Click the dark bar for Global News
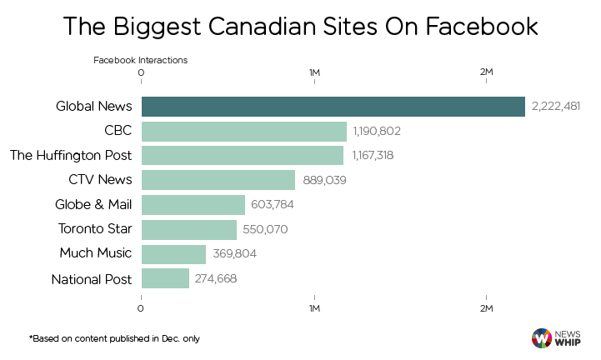pyautogui.click(x=333, y=107)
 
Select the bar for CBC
pyautogui.click(x=243, y=132)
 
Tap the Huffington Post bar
pyautogui.click(x=242, y=156)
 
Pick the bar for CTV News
pyautogui.click(x=218, y=180)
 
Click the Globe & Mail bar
pyautogui.click(x=193, y=205)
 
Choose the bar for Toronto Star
pyautogui.click(x=188, y=229)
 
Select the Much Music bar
pyautogui.click(x=173, y=254)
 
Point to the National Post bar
pyautogui.click(x=165, y=278)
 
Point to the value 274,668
pyautogui.click(x=216, y=278)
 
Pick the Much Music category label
pyautogui.click(x=96, y=254)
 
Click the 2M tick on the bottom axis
pyautogui.click(x=487, y=309)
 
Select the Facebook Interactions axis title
pyautogui.click(x=140, y=60)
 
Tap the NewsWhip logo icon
pyautogui.click(x=542, y=337)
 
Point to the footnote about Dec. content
pyautogui.click(x=114, y=338)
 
